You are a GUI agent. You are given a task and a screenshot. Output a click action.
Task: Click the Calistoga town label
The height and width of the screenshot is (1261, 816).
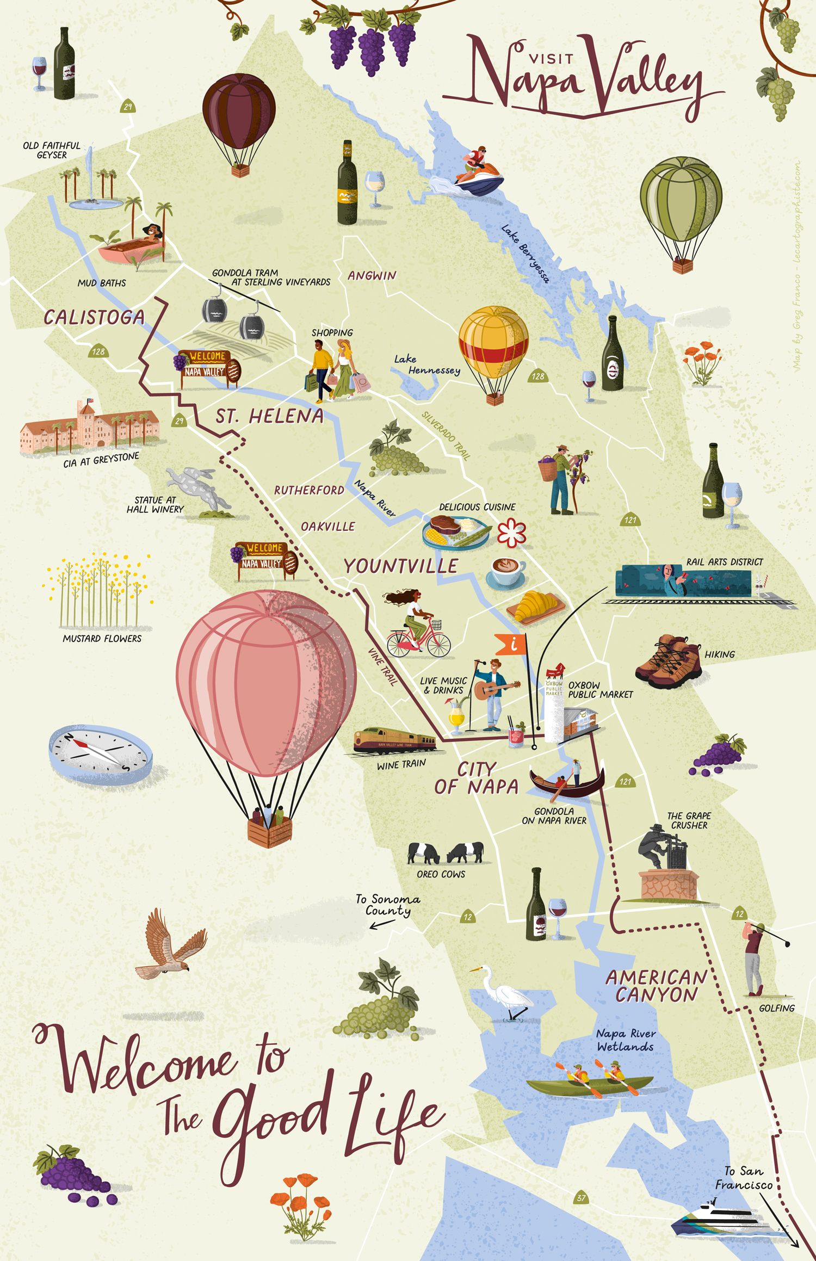coord(94,317)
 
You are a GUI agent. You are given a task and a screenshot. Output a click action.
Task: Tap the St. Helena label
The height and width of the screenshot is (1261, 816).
coord(269,417)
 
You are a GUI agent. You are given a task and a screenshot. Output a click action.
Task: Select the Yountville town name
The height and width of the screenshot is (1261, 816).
coord(401,566)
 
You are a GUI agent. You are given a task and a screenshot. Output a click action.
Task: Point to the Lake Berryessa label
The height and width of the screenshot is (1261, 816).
coord(525,254)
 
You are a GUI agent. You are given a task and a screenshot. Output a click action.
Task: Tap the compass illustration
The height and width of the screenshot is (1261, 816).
coord(100,753)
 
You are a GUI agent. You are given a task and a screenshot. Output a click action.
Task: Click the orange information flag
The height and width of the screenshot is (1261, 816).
coord(510,644)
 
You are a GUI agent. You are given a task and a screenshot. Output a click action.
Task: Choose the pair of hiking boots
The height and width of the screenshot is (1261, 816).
coord(668,661)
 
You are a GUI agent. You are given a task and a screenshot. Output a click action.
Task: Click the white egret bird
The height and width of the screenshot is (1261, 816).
coord(509,994)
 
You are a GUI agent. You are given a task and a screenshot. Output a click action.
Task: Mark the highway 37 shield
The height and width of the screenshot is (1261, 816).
coord(582,1197)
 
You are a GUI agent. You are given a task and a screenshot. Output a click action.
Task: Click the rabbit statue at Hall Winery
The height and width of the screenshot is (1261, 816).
coord(196,486)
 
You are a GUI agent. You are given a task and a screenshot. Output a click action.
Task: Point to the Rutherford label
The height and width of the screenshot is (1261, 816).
coord(309,490)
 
